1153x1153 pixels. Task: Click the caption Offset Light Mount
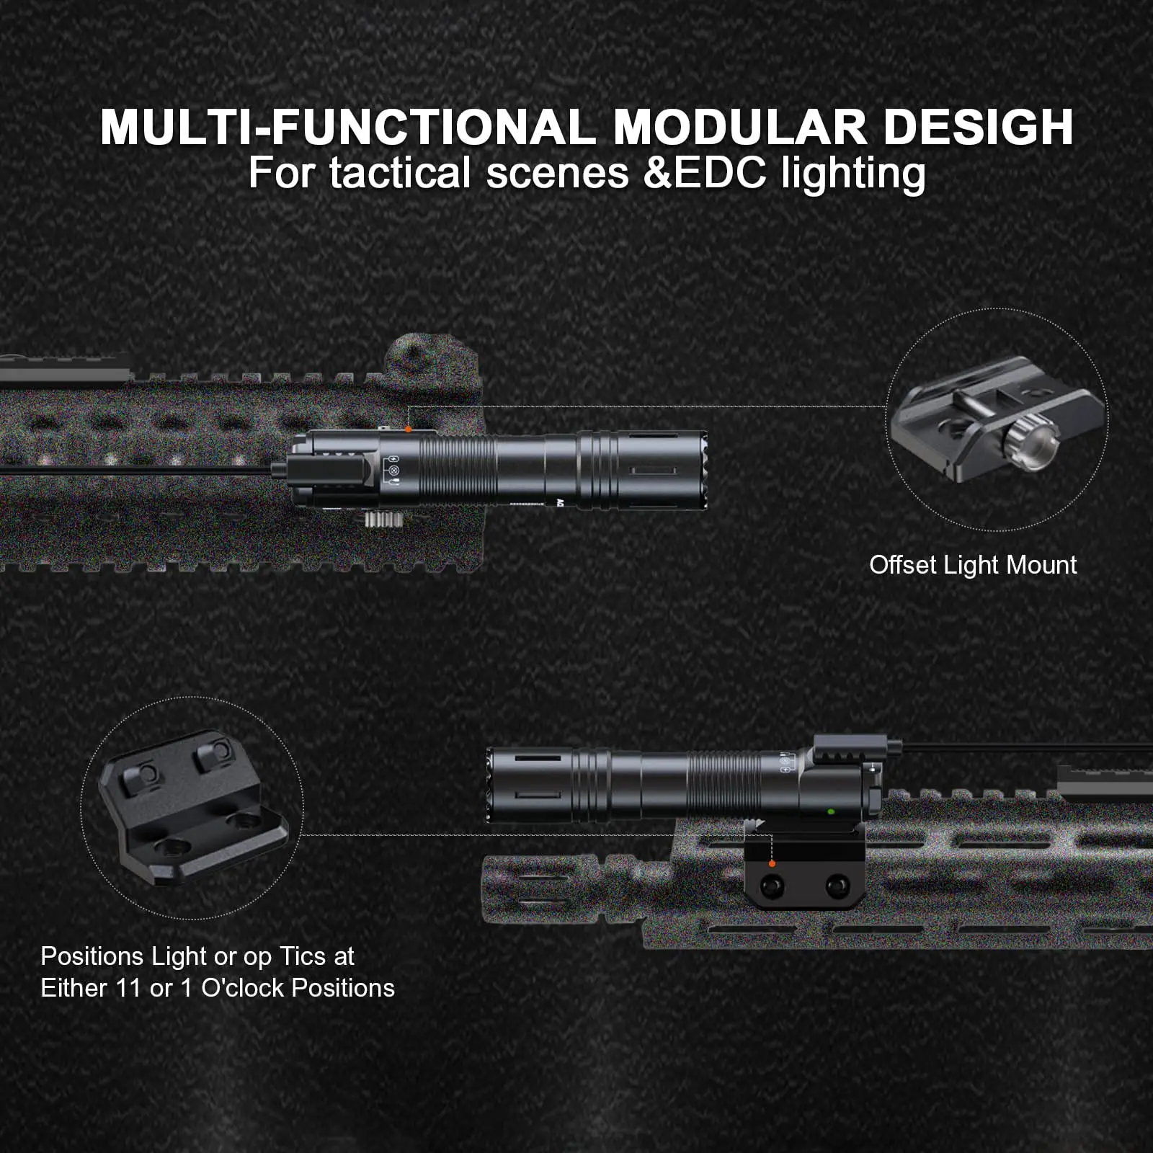pyautogui.click(x=973, y=565)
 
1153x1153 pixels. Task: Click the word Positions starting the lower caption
pyautogui.click(x=92, y=956)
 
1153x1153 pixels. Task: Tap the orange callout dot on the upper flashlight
pyautogui.click(x=409, y=429)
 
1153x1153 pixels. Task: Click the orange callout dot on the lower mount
pyautogui.click(x=772, y=863)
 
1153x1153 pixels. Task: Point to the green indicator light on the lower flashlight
pyautogui.click(x=831, y=811)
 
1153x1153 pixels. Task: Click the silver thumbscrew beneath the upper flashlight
pyautogui.click(x=381, y=521)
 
